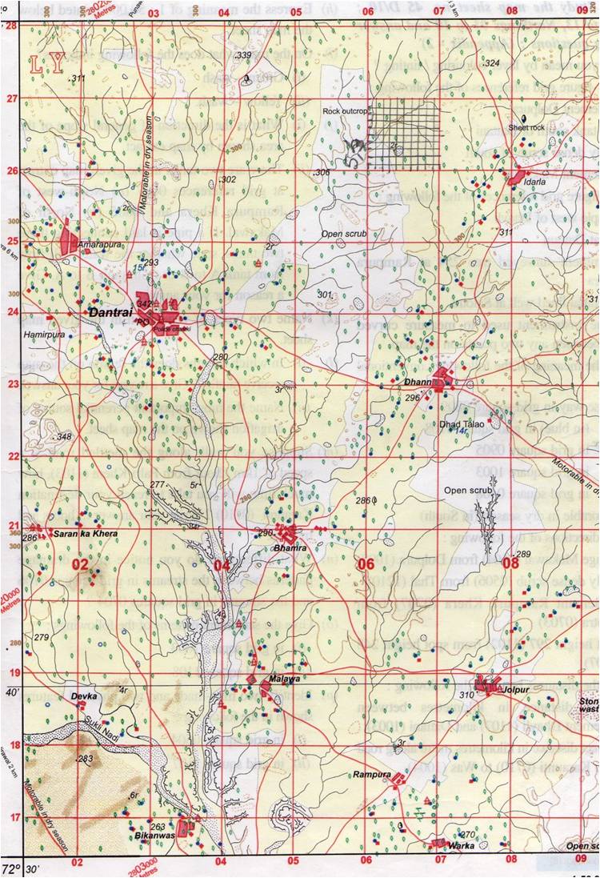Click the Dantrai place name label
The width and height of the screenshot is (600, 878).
pos(110,312)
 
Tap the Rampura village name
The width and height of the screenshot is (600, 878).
pos(372,775)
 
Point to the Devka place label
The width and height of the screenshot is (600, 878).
pos(85,696)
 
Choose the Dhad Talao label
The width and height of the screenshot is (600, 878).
pos(463,423)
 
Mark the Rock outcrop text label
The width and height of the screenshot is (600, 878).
pos(343,110)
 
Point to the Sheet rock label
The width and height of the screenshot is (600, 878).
pos(526,127)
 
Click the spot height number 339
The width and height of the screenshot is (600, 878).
pos(244,54)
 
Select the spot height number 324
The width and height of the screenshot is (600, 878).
pos(492,62)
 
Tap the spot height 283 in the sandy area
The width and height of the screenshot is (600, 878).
pos(86,758)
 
